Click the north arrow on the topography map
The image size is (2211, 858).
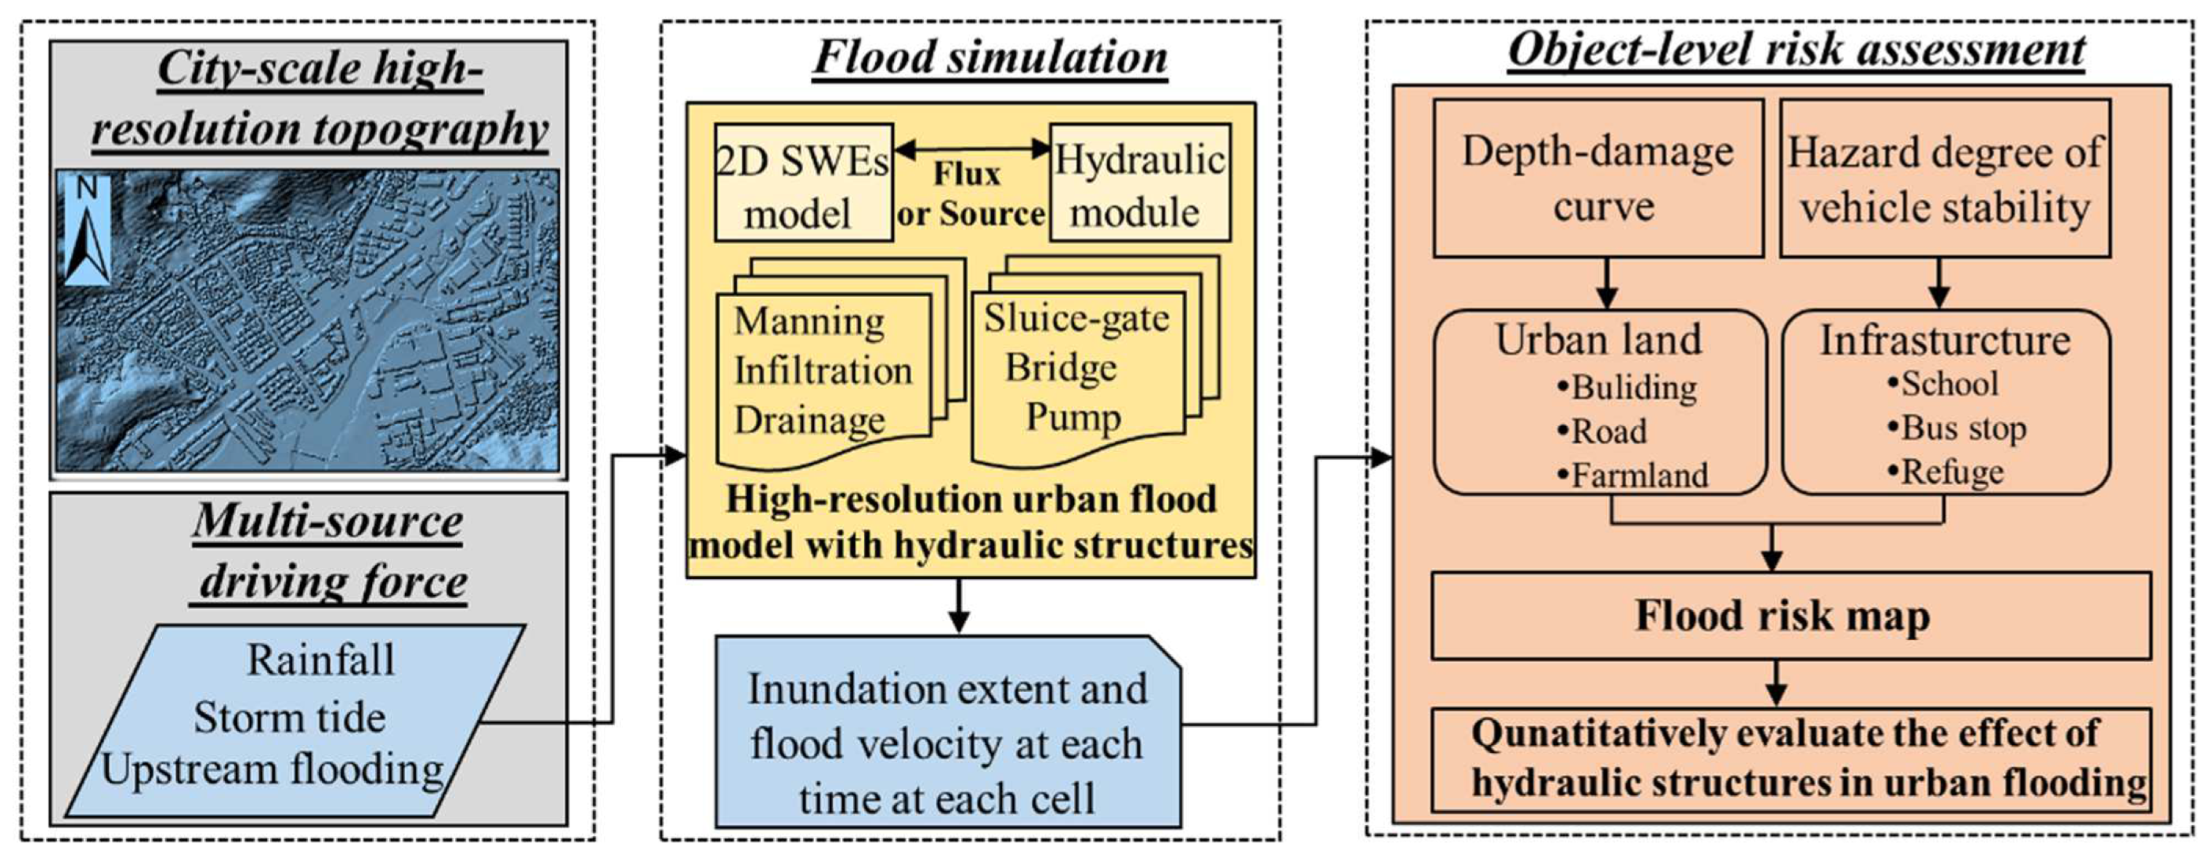coord(88,230)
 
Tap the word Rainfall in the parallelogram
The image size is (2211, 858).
coord(321,660)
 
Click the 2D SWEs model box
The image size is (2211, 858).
coord(803,183)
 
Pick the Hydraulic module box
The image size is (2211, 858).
coord(1139,183)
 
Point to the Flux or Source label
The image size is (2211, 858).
coord(969,194)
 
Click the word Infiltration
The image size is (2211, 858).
coord(823,371)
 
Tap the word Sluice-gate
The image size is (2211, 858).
coord(1076,318)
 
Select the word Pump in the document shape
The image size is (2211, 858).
coord(1073,417)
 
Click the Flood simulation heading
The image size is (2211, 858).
coord(989,58)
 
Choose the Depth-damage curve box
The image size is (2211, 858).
coord(1598,178)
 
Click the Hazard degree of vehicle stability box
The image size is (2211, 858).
coord(1945,179)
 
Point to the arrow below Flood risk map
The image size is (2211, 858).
coord(1777,683)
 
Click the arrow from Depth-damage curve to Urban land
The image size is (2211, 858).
coord(1607,284)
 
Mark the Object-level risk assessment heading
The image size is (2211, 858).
coord(1796,50)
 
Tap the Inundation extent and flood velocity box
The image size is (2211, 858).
coord(948,743)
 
